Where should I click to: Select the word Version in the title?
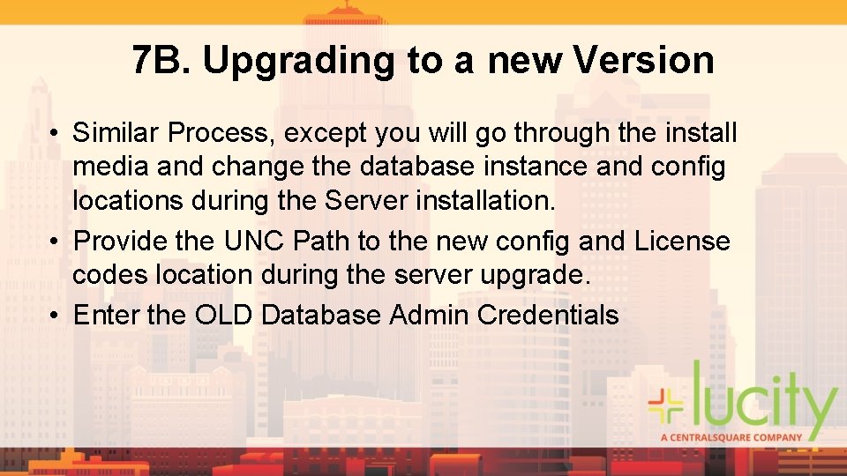(643, 60)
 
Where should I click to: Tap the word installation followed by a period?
(484, 200)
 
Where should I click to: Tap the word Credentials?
(548, 315)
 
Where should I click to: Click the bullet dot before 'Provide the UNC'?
(56, 242)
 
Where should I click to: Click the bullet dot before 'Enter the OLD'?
(56, 316)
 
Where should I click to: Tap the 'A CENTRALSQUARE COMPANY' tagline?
(731, 436)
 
